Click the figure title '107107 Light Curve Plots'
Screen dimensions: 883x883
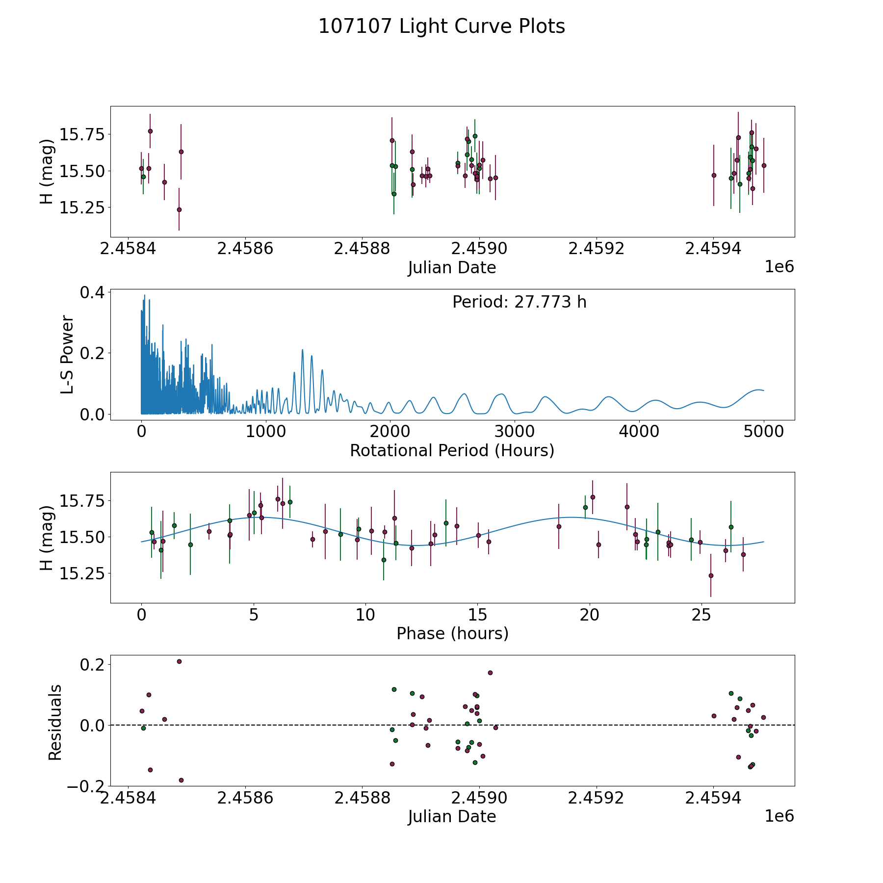pyautogui.click(x=441, y=26)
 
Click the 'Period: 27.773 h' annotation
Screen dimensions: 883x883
pyautogui.click(x=519, y=302)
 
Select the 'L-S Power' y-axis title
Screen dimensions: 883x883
pyautogui.click(x=68, y=355)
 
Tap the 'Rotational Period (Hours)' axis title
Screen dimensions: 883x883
pyautogui.click(x=452, y=450)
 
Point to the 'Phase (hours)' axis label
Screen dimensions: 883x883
pyautogui.click(x=452, y=633)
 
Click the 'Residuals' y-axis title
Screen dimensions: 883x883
pyautogui.click(x=55, y=722)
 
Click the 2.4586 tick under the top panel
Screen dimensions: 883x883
pyautogui.click(x=245, y=249)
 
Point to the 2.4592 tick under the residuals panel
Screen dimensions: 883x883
pyautogui.click(x=596, y=798)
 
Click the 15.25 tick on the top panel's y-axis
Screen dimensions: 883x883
pyautogui.click(x=81, y=208)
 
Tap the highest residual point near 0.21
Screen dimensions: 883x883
pyautogui.click(x=179, y=661)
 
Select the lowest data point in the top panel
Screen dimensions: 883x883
pyautogui.click(x=179, y=209)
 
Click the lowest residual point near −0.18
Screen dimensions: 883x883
pyautogui.click(x=181, y=780)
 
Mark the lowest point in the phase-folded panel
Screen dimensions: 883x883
pyautogui.click(x=711, y=575)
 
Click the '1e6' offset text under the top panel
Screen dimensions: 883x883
pyautogui.click(x=779, y=267)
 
